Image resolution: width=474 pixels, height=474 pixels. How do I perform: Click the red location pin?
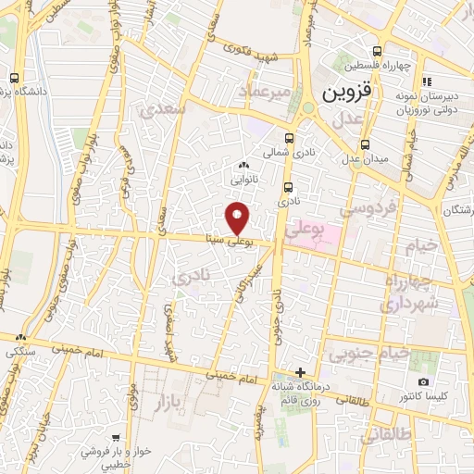238,217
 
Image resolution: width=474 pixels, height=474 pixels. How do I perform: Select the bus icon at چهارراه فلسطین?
376,52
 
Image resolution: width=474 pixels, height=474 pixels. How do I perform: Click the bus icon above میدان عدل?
365,143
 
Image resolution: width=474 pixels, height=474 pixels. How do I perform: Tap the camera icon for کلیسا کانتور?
423,382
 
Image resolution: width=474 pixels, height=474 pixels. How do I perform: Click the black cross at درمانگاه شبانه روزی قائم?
299,371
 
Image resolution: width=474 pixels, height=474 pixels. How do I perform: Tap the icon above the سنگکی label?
20,338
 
